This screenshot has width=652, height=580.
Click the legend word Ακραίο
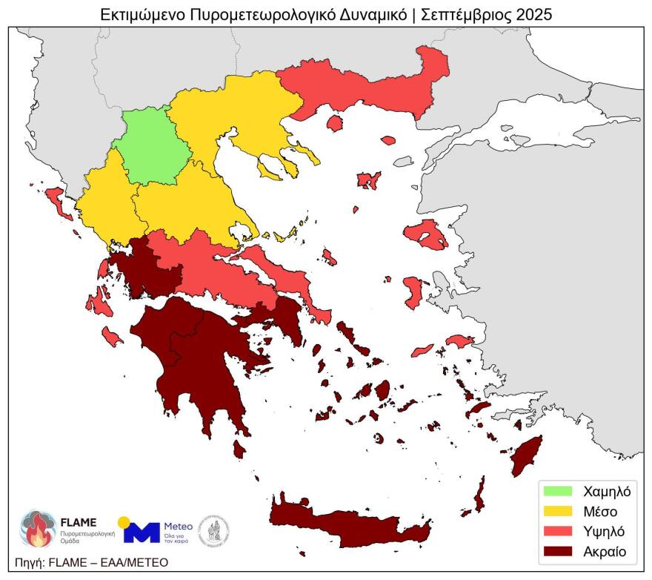tap(605, 551)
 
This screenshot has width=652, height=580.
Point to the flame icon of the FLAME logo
tap(36, 528)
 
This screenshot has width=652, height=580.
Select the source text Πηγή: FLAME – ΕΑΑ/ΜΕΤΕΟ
tap(91, 562)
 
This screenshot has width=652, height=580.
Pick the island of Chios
tap(413, 291)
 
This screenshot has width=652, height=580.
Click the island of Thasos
tap(334, 122)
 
